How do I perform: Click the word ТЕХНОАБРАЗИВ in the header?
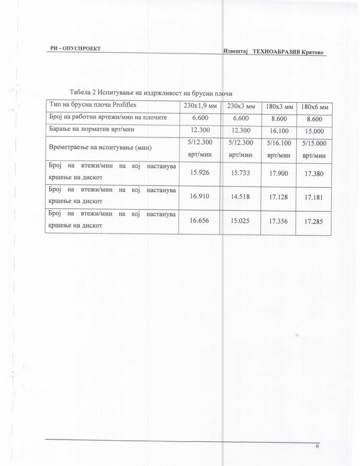click(278, 52)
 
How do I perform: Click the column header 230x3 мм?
click(241, 106)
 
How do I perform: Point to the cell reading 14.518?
click(240, 196)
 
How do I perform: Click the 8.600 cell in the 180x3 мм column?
click(278, 119)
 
